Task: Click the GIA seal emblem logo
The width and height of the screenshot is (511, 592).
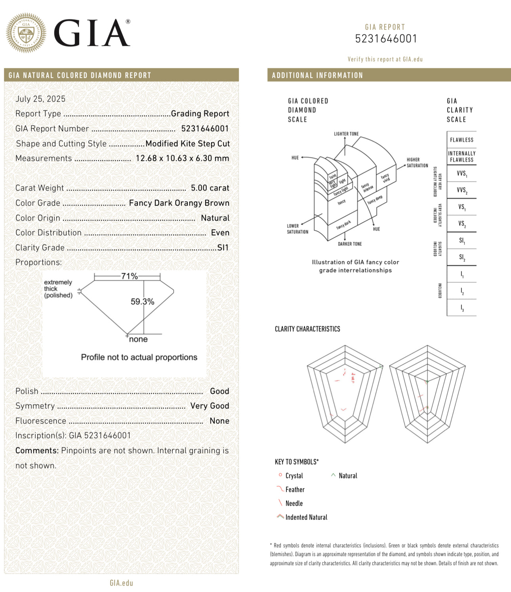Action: click(26, 33)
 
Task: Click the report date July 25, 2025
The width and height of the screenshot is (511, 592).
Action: click(40, 99)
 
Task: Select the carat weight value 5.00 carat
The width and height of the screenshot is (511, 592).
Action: click(210, 188)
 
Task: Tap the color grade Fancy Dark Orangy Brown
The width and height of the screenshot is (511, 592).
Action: click(179, 203)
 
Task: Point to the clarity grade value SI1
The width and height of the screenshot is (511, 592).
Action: click(223, 248)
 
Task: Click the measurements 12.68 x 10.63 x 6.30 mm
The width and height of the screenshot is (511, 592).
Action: click(182, 158)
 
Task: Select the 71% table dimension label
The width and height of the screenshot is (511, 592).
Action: click(129, 276)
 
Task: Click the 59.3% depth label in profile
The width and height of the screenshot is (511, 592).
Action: click(142, 302)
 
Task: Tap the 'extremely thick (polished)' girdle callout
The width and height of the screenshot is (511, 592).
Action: click(58, 289)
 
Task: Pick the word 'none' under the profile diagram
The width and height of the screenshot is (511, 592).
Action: click(138, 339)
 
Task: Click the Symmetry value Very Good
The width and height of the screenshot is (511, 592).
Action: click(210, 406)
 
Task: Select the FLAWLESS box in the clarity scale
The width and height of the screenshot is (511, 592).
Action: click(461, 140)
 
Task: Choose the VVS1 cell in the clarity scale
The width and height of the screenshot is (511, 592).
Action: click(461, 174)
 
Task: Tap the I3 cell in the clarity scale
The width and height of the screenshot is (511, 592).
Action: click(461, 308)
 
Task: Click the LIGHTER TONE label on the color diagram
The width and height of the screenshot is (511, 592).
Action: click(346, 134)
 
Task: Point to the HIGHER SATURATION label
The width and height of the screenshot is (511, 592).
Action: click(417, 163)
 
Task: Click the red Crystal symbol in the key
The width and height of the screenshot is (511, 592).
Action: click(280, 475)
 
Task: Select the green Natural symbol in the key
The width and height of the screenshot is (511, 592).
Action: click(333, 475)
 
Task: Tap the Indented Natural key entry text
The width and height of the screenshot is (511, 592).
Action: click(306, 517)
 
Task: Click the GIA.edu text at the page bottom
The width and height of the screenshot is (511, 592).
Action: click(121, 583)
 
